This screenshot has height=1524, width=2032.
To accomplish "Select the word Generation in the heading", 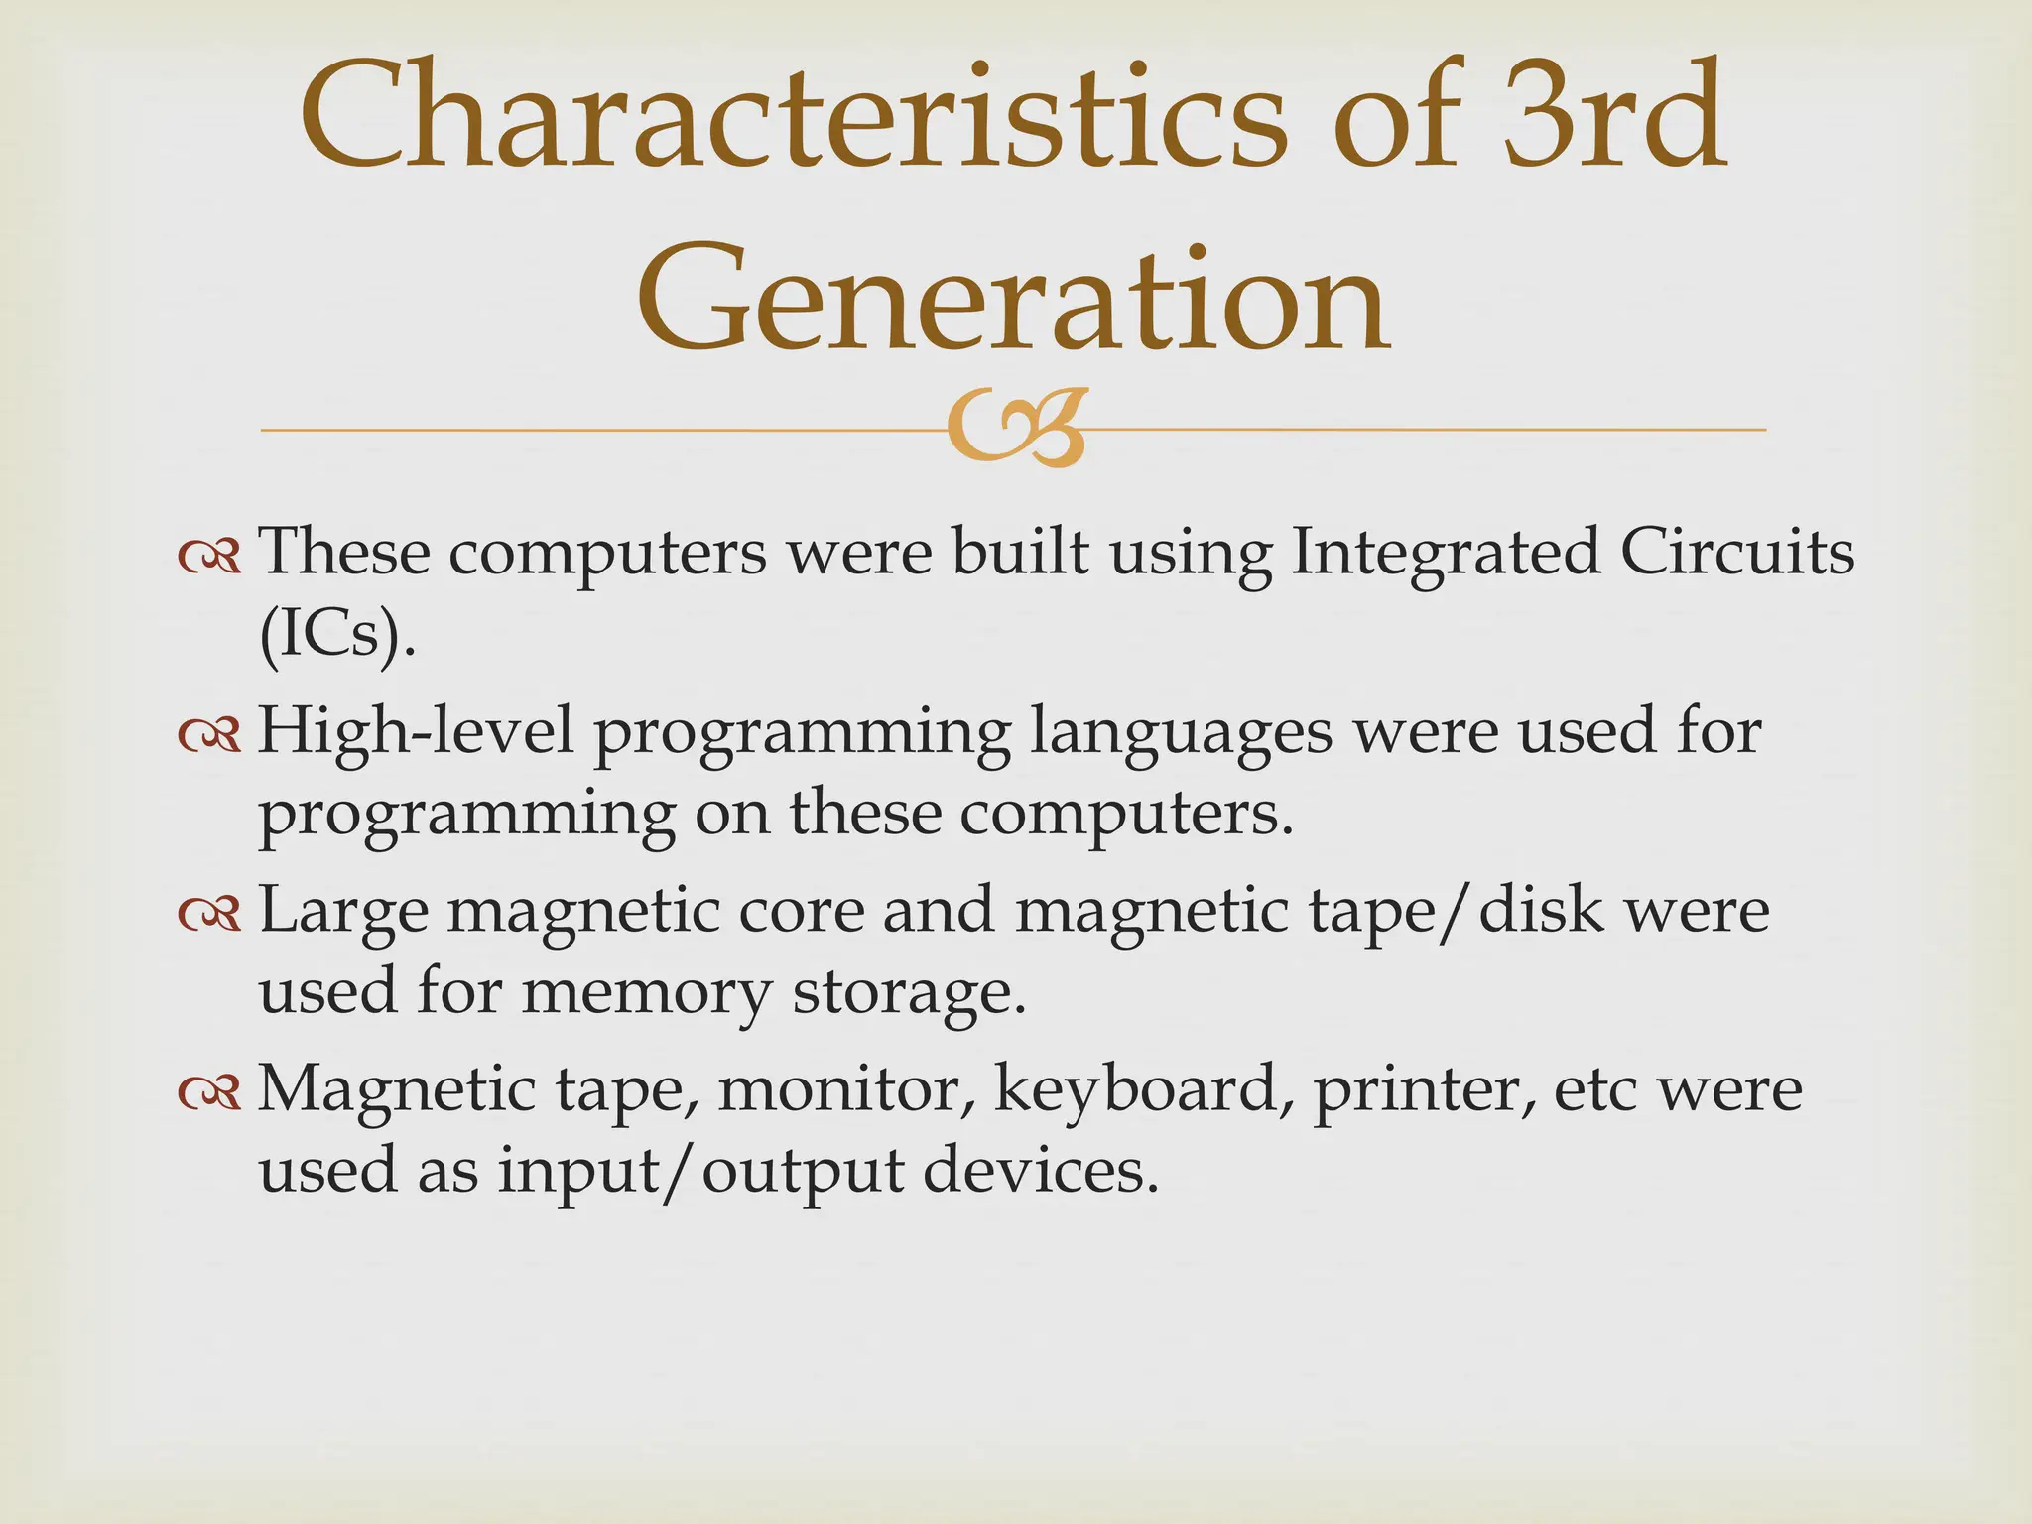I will (x=1014, y=298).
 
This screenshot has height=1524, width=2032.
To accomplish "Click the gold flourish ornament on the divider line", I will (x=1014, y=430).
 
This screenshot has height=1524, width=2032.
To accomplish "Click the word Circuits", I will (x=1736, y=553).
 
